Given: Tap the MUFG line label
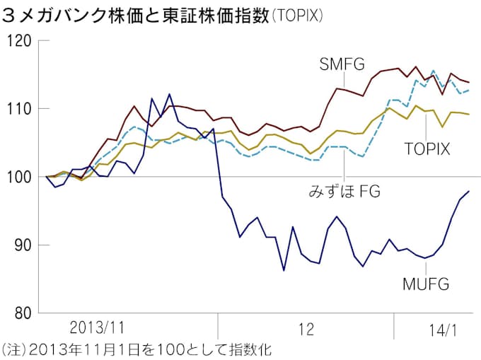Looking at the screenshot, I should click(x=426, y=284).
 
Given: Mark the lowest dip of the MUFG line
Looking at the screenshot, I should click(x=284, y=270).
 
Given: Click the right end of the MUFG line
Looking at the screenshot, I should click(x=470, y=191).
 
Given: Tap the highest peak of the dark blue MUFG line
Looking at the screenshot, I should click(x=169, y=93).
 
